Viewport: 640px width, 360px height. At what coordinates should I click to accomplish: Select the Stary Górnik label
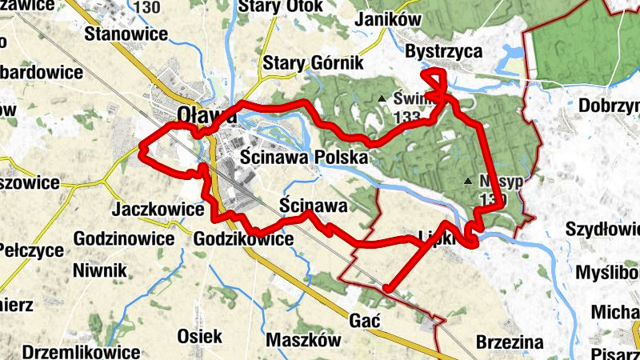click(x=314, y=62)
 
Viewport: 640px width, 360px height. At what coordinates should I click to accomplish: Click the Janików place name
click(x=390, y=18)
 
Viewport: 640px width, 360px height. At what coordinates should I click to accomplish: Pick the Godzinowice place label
click(x=123, y=238)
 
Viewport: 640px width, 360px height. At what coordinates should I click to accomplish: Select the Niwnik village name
click(x=99, y=270)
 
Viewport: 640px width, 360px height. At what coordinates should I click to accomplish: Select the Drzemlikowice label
click(x=82, y=351)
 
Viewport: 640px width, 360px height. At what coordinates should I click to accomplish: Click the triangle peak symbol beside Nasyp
click(x=468, y=181)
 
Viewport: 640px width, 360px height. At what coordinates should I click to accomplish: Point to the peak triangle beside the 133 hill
click(x=382, y=99)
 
